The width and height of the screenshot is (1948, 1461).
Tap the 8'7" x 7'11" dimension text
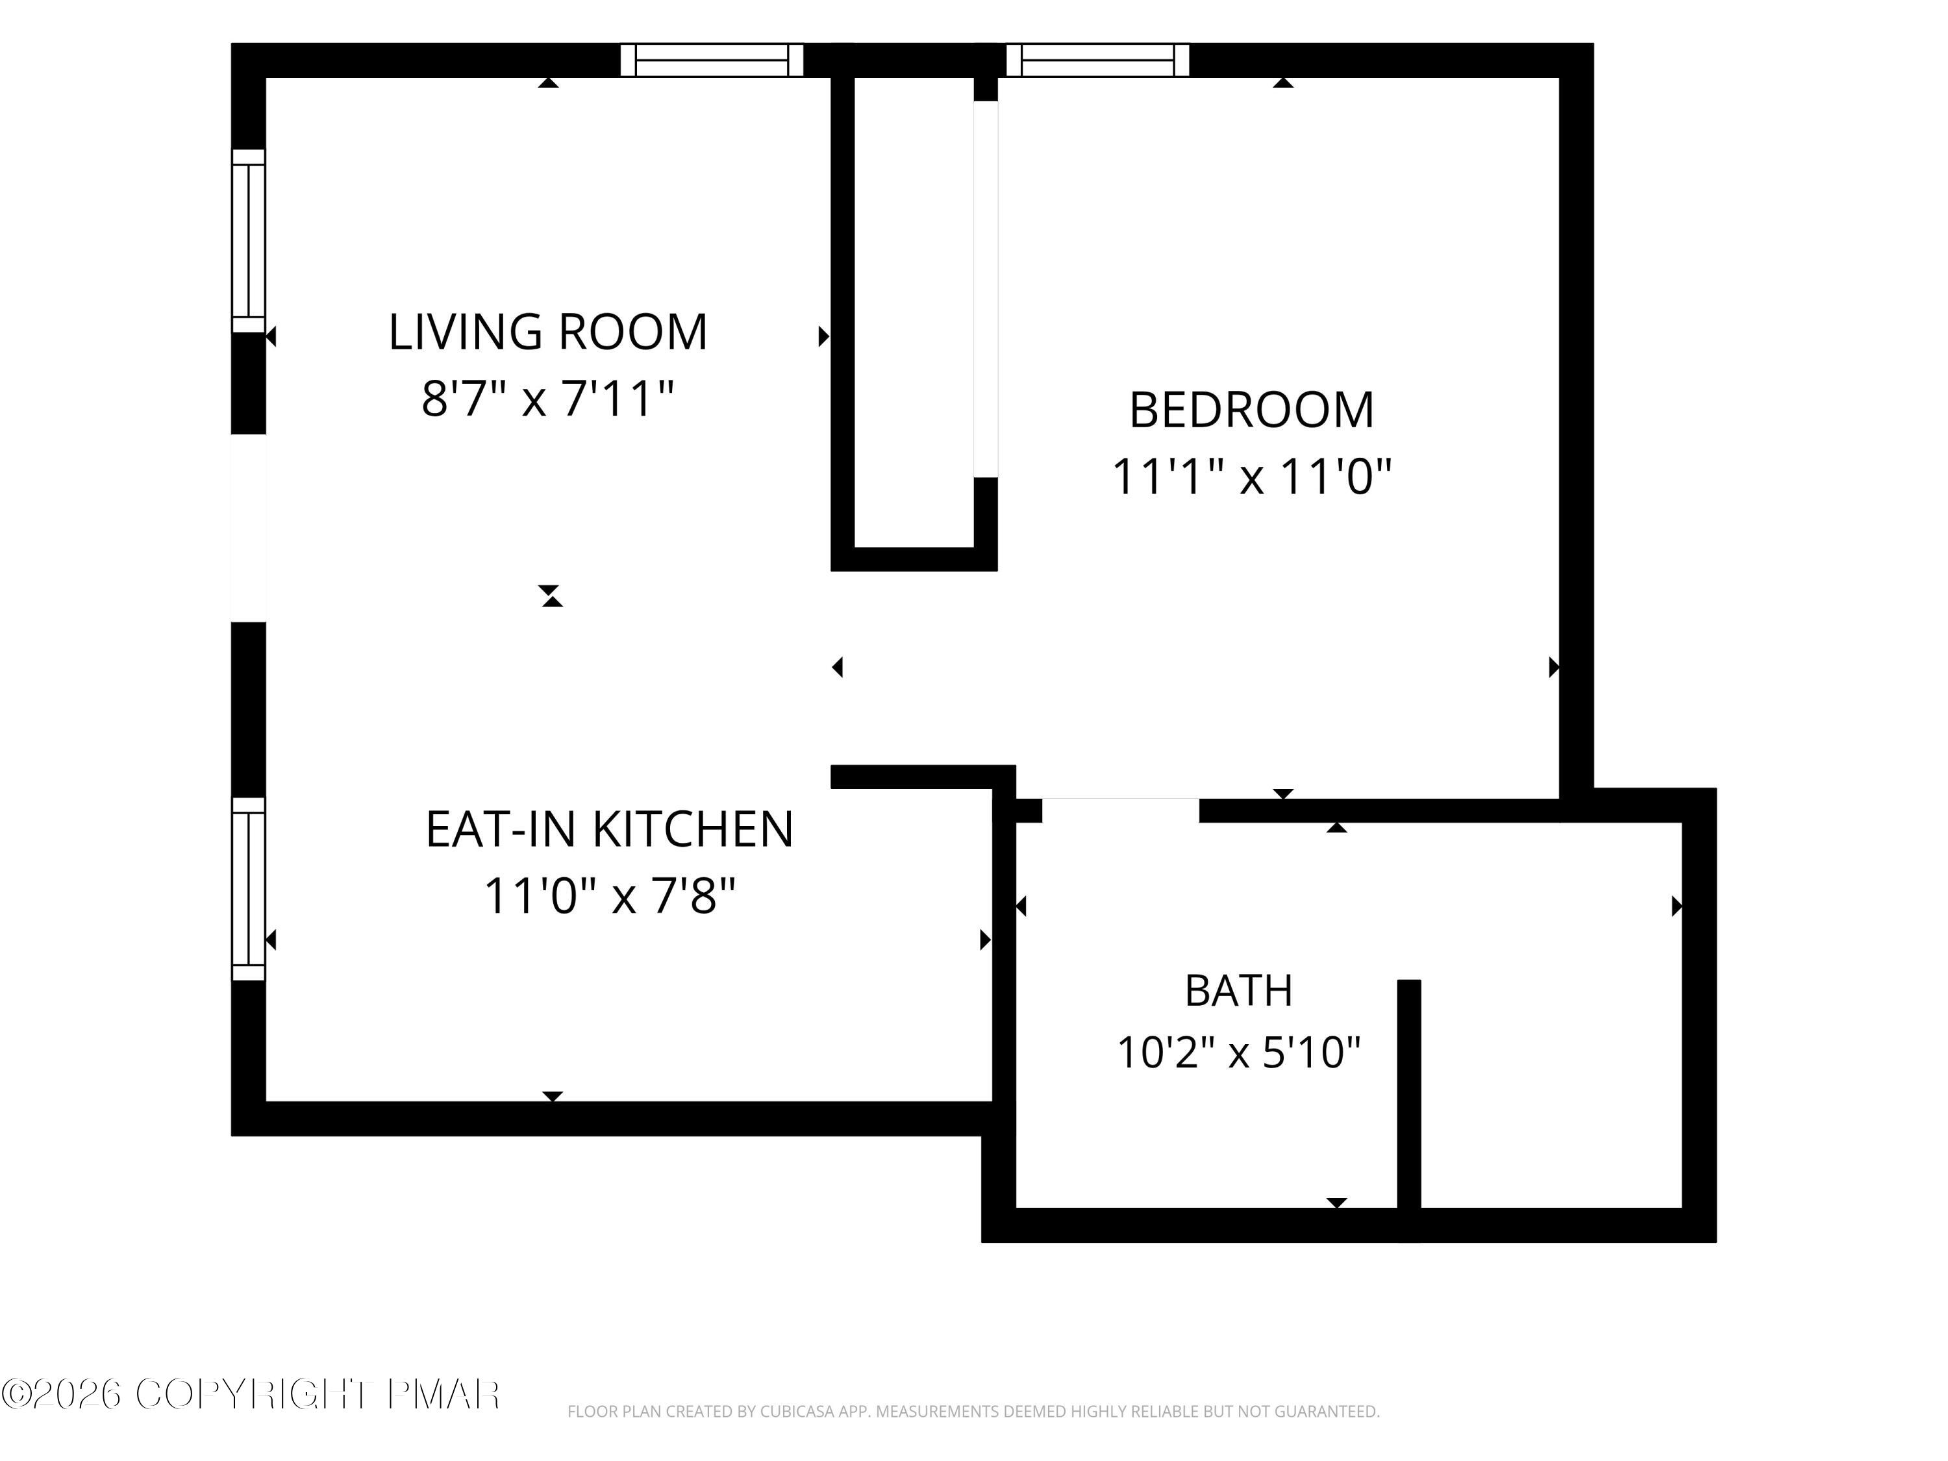click(x=548, y=398)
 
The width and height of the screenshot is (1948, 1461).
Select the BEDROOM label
click(x=1251, y=410)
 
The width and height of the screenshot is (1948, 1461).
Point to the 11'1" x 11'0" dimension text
click(x=1251, y=477)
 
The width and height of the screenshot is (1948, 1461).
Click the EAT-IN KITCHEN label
click(x=610, y=830)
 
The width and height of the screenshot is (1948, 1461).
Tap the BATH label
click(x=1238, y=991)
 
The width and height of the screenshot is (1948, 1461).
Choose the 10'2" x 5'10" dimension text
click(x=1238, y=1053)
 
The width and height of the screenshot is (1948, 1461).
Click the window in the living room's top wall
click(x=712, y=60)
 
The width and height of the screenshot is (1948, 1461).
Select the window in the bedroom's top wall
click(x=1097, y=60)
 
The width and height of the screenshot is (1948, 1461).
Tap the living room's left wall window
click(x=248, y=242)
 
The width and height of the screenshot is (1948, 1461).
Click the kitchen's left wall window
click(x=248, y=888)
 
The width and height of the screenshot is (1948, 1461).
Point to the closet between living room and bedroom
click(x=913, y=312)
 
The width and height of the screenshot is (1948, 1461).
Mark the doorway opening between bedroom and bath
click(x=1120, y=810)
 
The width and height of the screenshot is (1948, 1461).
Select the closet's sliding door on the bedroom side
click(x=986, y=290)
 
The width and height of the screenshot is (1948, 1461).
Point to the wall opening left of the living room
click(x=248, y=529)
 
